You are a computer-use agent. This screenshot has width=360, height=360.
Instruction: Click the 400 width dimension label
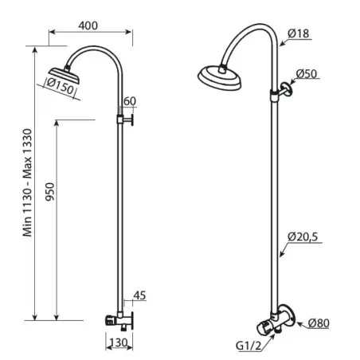[88, 25]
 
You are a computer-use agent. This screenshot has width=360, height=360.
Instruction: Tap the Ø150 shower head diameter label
[60, 86]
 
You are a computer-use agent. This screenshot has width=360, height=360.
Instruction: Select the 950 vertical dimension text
[49, 191]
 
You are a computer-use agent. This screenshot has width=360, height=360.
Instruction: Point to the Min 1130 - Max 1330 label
[27, 182]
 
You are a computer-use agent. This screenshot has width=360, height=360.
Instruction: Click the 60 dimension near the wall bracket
[130, 101]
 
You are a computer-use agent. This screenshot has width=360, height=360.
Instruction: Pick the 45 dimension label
[139, 295]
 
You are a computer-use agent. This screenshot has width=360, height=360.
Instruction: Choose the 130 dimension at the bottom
[119, 342]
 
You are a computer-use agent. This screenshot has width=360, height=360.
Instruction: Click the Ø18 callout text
[299, 33]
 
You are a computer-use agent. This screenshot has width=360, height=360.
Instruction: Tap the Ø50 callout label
[307, 73]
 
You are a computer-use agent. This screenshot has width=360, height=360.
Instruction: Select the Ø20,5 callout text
[303, 237]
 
